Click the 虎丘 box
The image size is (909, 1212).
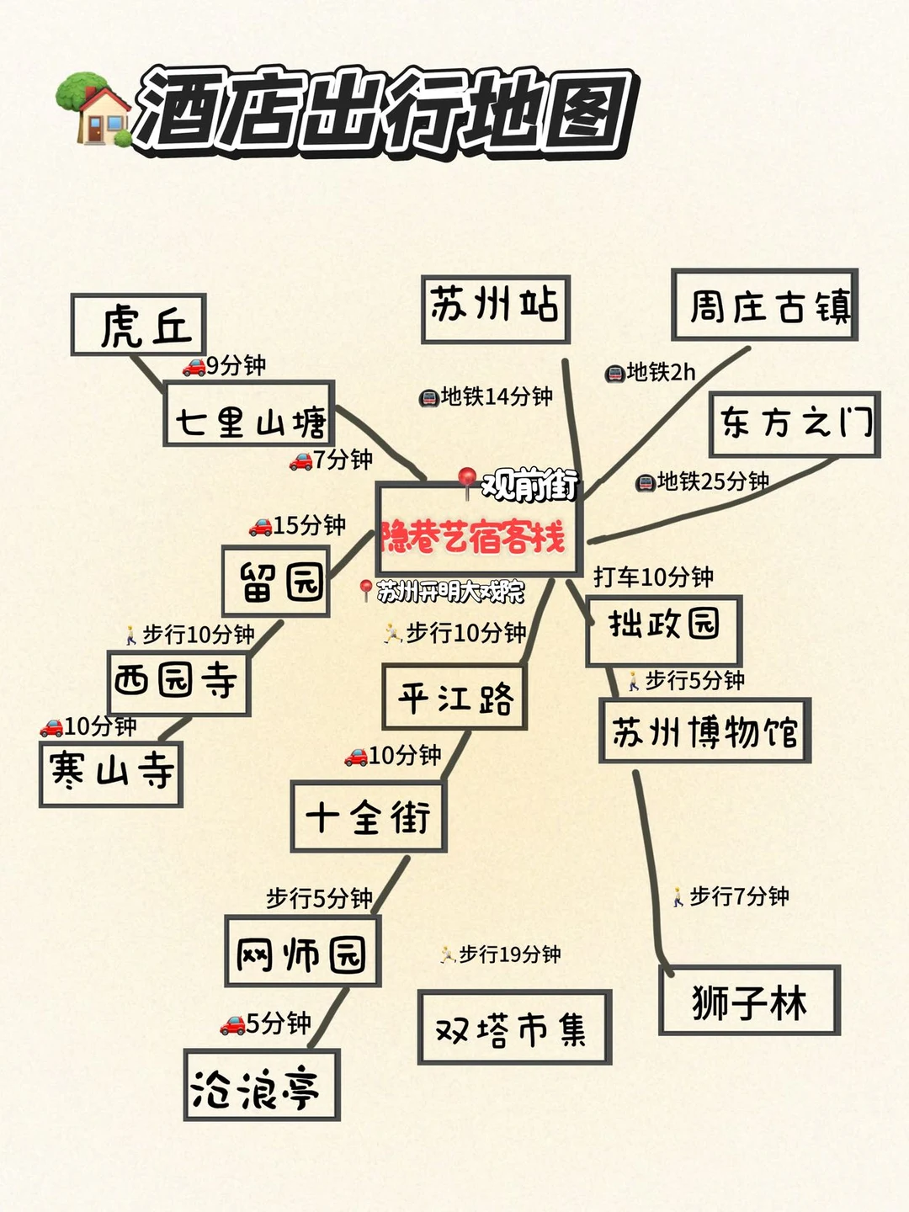pos(139,325)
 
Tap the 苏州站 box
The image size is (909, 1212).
pos(495,308)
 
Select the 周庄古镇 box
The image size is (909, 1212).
pos(764,305)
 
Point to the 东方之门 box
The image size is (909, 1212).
pos(795,423)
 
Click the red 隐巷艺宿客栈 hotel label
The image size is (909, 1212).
pos(473,536)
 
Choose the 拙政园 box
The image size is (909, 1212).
pos(663,630)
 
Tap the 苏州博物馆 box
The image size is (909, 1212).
pos(704,731)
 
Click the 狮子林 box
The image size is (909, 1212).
pos(749,1001)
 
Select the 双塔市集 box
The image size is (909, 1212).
pos(513,1028)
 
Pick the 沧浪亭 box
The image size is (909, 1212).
pos(261,1086)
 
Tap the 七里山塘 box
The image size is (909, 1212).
pos(249,413)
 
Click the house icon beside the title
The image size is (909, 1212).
pos(93,109)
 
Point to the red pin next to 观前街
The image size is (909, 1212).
pos(467,481)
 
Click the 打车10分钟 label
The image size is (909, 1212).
pos(653,577)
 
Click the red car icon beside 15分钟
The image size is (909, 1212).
pos(260,527)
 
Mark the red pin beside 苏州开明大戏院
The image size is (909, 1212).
pos(365,589)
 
